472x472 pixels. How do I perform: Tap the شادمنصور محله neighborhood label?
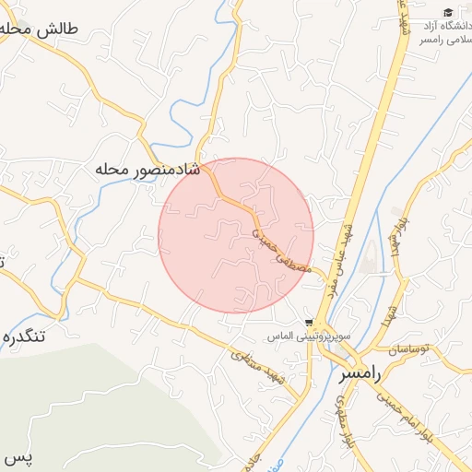147,170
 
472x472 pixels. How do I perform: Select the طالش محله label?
41,29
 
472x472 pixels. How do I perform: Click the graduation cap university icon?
448,13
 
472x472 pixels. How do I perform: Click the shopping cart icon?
308,324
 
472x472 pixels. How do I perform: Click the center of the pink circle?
236,236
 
